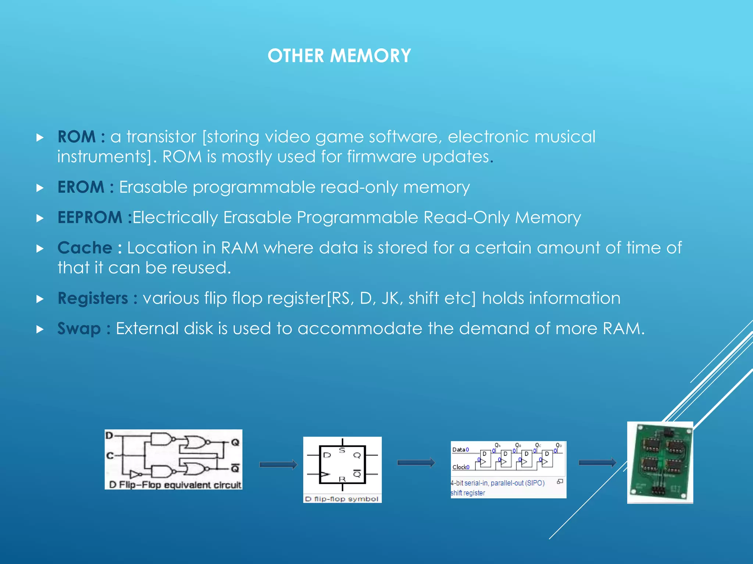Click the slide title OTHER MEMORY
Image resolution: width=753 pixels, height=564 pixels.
coord(339,56)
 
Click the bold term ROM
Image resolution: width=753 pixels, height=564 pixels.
coord(76,137)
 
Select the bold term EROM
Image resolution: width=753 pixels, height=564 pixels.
coord(81,187)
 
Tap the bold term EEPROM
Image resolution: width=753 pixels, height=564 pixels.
coord(90,217)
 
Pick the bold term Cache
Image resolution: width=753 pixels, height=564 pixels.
coord(85,248)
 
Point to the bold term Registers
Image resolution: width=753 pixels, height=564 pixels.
coord(93,298)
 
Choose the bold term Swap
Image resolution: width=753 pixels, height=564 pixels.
coord(79,329)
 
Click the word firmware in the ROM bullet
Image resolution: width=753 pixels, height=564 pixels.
coord(382,157)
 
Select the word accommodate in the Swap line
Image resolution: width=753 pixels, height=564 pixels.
coord(360,329)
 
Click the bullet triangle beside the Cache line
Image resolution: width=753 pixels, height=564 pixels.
coord(40,249)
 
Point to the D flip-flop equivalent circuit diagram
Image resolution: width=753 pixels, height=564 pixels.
coord(173,455)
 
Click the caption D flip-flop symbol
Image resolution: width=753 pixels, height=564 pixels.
coord(342,499)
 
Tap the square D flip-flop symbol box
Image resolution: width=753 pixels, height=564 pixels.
coord(342,464)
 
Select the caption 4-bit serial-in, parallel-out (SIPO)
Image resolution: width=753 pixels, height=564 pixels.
coord(497,483)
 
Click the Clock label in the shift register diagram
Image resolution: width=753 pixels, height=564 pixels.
coord(459,467)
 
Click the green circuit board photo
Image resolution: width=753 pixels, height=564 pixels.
coord(660,463)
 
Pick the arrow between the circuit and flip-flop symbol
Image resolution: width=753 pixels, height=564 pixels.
coord(278,464)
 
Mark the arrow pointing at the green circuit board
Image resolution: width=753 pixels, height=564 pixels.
coord(597,463)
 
